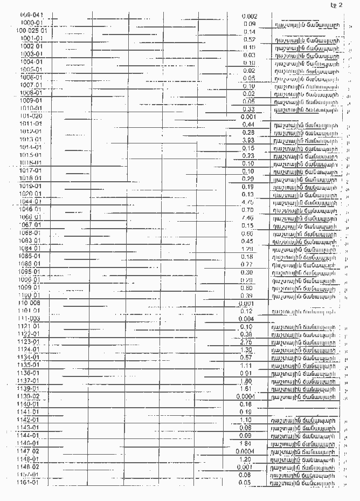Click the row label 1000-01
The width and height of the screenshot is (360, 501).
[x=32, y=23]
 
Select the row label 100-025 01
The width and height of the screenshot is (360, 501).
[x=30, y=31]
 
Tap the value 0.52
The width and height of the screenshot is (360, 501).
[x=249, y=39]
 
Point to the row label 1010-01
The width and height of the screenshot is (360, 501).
[x=31, y=108]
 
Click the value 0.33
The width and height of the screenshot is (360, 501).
[x=249, y=109]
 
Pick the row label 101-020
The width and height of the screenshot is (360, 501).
[x=31, y=116]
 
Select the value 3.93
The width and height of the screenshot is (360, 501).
[x=248, y=140]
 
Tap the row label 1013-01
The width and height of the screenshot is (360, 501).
[x=31, y=140]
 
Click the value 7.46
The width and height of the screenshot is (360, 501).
[x=248, y=217]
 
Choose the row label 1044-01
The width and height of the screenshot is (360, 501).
[x=30, y=201]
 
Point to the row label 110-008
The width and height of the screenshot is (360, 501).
[x=30, y=304]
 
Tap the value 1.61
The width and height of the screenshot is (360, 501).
[x=246, y=388]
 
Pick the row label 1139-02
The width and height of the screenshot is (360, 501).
[x=29, y=396]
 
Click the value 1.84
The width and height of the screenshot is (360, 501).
[x=246, y=443]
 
